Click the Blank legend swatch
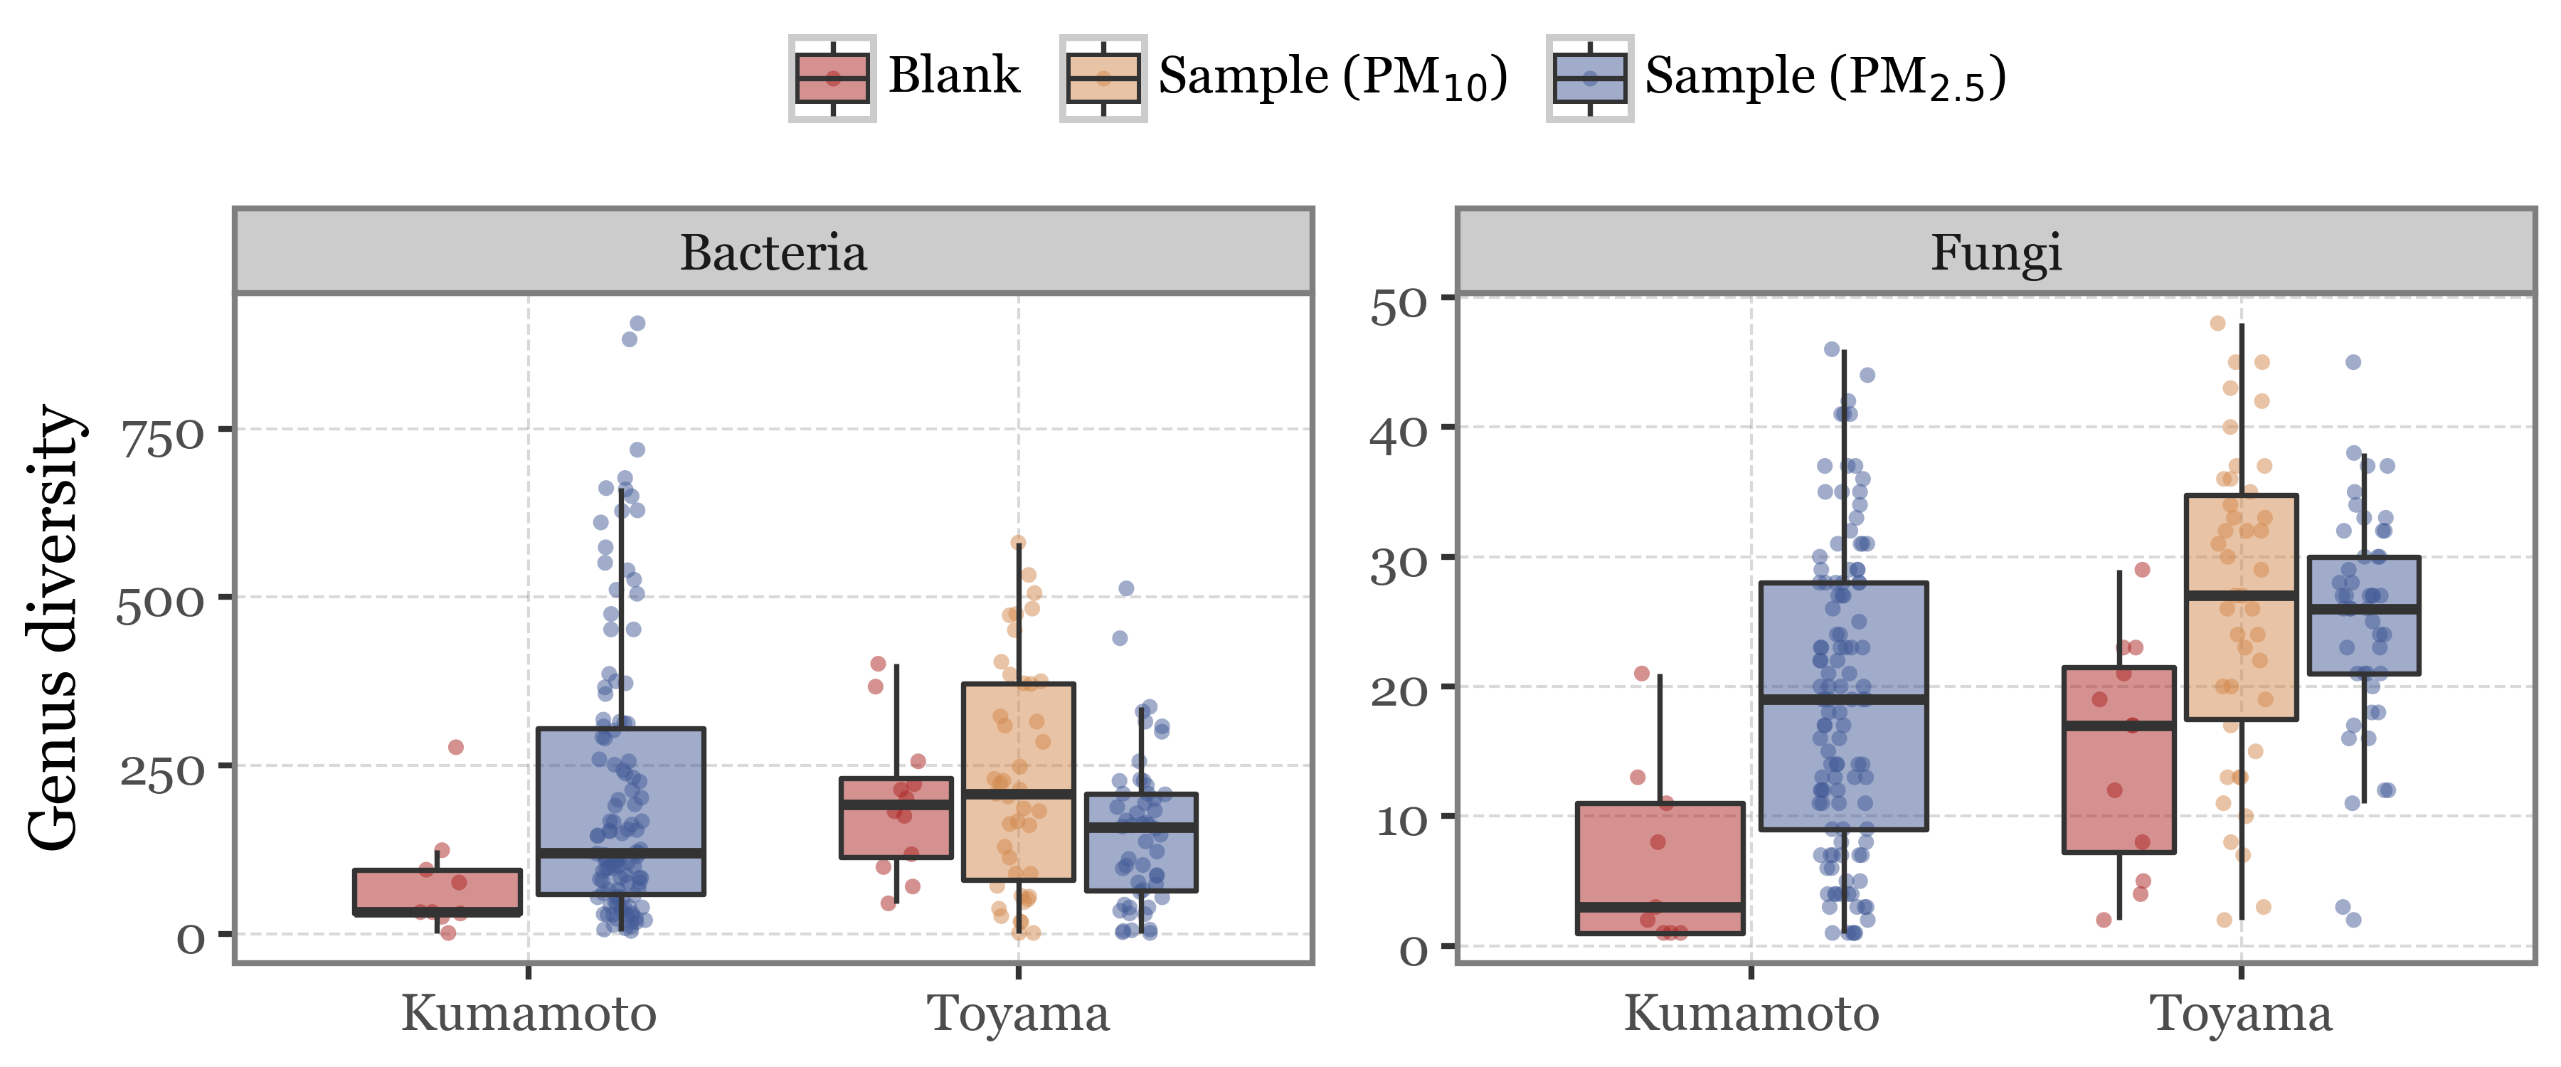point(832,78)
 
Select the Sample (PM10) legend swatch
point(1103,78)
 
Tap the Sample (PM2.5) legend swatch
point(1589,78)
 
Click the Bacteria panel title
point(773,253)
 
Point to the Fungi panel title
point(1995,253)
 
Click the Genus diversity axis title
point(52,629)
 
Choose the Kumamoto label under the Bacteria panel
point(528,1014)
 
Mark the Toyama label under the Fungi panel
point(2241,1014)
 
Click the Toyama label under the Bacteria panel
point(1018,1014)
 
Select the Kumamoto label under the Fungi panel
point(1751,1014)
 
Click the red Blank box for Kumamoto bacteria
point(438,891)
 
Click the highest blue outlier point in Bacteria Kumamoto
point(637,323)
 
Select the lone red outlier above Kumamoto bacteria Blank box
point(455,747)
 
